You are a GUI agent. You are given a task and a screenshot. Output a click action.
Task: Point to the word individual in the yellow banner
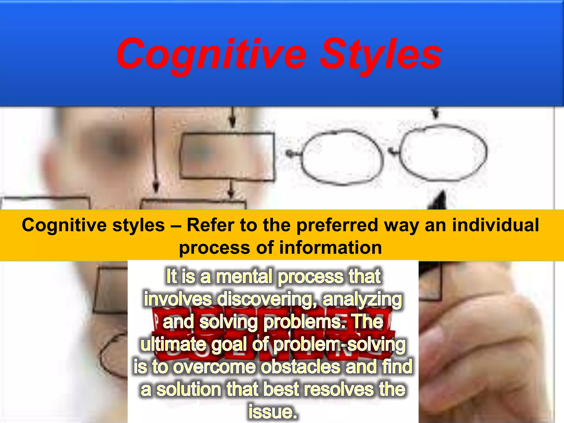pos(495,225)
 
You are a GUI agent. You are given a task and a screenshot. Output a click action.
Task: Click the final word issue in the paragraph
pos(273,412)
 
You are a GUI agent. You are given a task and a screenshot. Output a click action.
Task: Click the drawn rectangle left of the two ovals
pos(227,156)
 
